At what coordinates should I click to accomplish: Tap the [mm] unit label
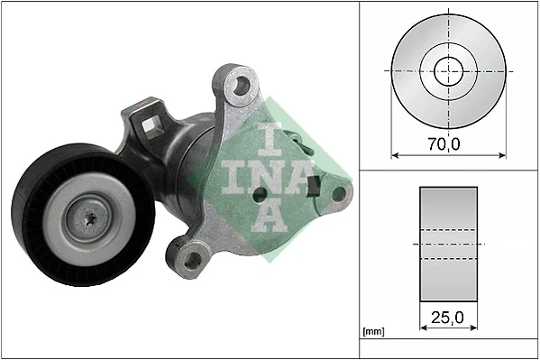371,332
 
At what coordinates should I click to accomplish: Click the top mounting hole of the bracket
239,88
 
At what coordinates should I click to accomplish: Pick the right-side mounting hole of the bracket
338,192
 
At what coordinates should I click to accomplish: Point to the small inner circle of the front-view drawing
447,70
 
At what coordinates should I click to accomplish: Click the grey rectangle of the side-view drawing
448,244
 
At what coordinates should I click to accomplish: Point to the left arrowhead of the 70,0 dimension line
394,153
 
